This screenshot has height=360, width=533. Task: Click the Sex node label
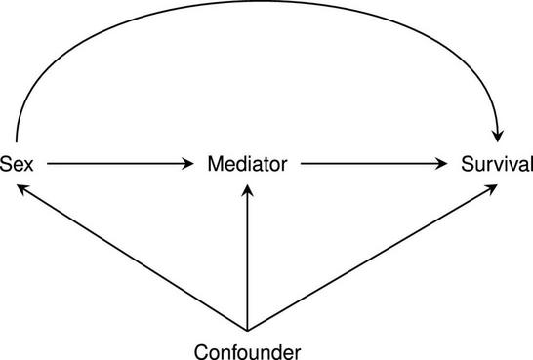[x=18, y=163]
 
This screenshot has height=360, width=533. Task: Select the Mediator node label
[x=247, y=163]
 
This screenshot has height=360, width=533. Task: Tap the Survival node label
[x=497, y=163]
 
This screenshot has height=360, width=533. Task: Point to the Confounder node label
[x=247, y=349]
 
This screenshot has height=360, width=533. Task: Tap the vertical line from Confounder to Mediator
[x=247, y=263]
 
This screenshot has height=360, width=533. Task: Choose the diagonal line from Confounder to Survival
[x=371, y=258]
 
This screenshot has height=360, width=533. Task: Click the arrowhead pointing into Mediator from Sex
[x=188, y=164]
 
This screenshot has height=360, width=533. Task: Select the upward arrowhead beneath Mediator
[x=247, y=193]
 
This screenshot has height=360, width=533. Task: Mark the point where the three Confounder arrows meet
[x=247, y=331]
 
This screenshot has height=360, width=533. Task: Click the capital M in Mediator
[x=215, y=163]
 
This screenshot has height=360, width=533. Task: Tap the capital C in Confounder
[x=201, y=349]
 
